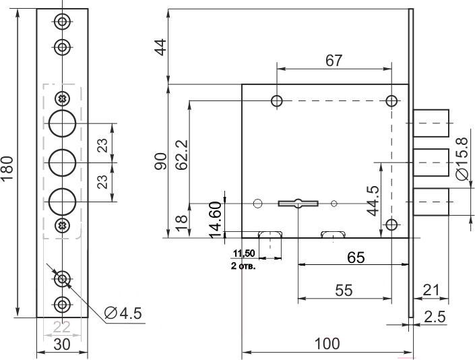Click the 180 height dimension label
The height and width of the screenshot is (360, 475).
(7, 169)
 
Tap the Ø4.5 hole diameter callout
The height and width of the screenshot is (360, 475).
(123, 313)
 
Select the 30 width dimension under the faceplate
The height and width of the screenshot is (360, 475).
(62, 344)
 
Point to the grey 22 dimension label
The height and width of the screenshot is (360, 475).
(62, 327)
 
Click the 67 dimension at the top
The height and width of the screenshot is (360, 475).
(334, 61)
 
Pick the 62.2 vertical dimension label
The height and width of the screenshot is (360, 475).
(183, 154)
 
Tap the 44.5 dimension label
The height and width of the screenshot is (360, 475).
(373, 201)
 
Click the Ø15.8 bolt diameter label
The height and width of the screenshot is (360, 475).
(462, 159)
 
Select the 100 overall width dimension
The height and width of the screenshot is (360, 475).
(327, 344)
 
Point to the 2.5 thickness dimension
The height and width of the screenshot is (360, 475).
(435, 317)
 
